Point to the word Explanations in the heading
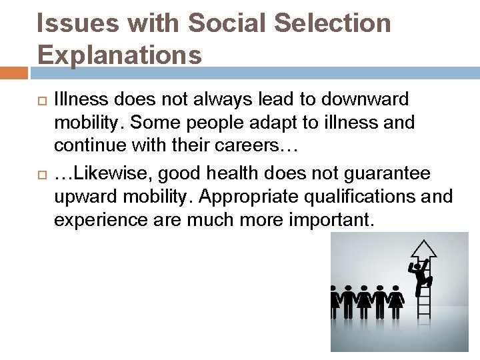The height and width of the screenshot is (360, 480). click(x=119, y=55)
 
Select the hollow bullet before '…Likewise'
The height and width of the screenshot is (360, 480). click(x=40, y=174)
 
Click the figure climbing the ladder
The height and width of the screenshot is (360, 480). click(x=421, y=275)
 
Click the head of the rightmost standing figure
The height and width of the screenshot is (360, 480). click(x=395, y=289)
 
